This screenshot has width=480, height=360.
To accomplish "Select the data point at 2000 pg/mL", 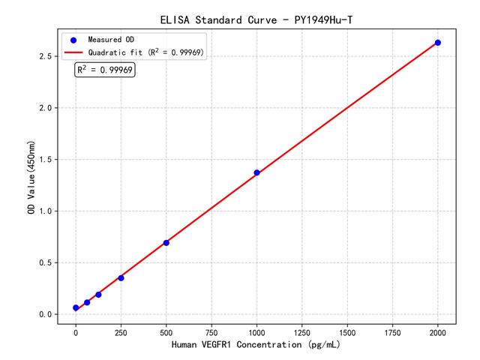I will [x=438, y=43].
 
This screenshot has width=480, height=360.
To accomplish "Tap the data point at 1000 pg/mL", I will [x=256, y=172].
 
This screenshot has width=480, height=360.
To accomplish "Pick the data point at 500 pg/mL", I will [x=166, y=242].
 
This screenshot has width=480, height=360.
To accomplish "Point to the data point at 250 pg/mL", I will [x=121, y=277].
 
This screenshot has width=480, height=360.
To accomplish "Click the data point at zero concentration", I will [x=76, y=307].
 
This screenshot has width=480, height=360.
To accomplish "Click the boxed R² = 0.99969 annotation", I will [x=105, y=70].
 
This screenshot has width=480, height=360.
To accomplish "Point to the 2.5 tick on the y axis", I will [x=47, y=56].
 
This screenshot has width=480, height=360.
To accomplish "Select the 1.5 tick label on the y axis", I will [x=47, y=160].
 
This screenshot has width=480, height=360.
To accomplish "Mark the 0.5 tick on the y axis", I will [x=47, y=262].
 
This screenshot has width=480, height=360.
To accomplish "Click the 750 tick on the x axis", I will [x=211, y=331].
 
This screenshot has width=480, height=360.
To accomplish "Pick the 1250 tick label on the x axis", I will [x=302, y=331].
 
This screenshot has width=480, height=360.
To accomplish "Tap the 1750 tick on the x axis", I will [x=393, y=331].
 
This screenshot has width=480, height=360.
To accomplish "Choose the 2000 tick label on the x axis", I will [x=438, y=331].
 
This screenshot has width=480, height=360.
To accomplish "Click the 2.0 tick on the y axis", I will [x=47, y=108].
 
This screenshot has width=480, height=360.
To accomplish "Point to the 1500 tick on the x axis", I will [x=347, y=331].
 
